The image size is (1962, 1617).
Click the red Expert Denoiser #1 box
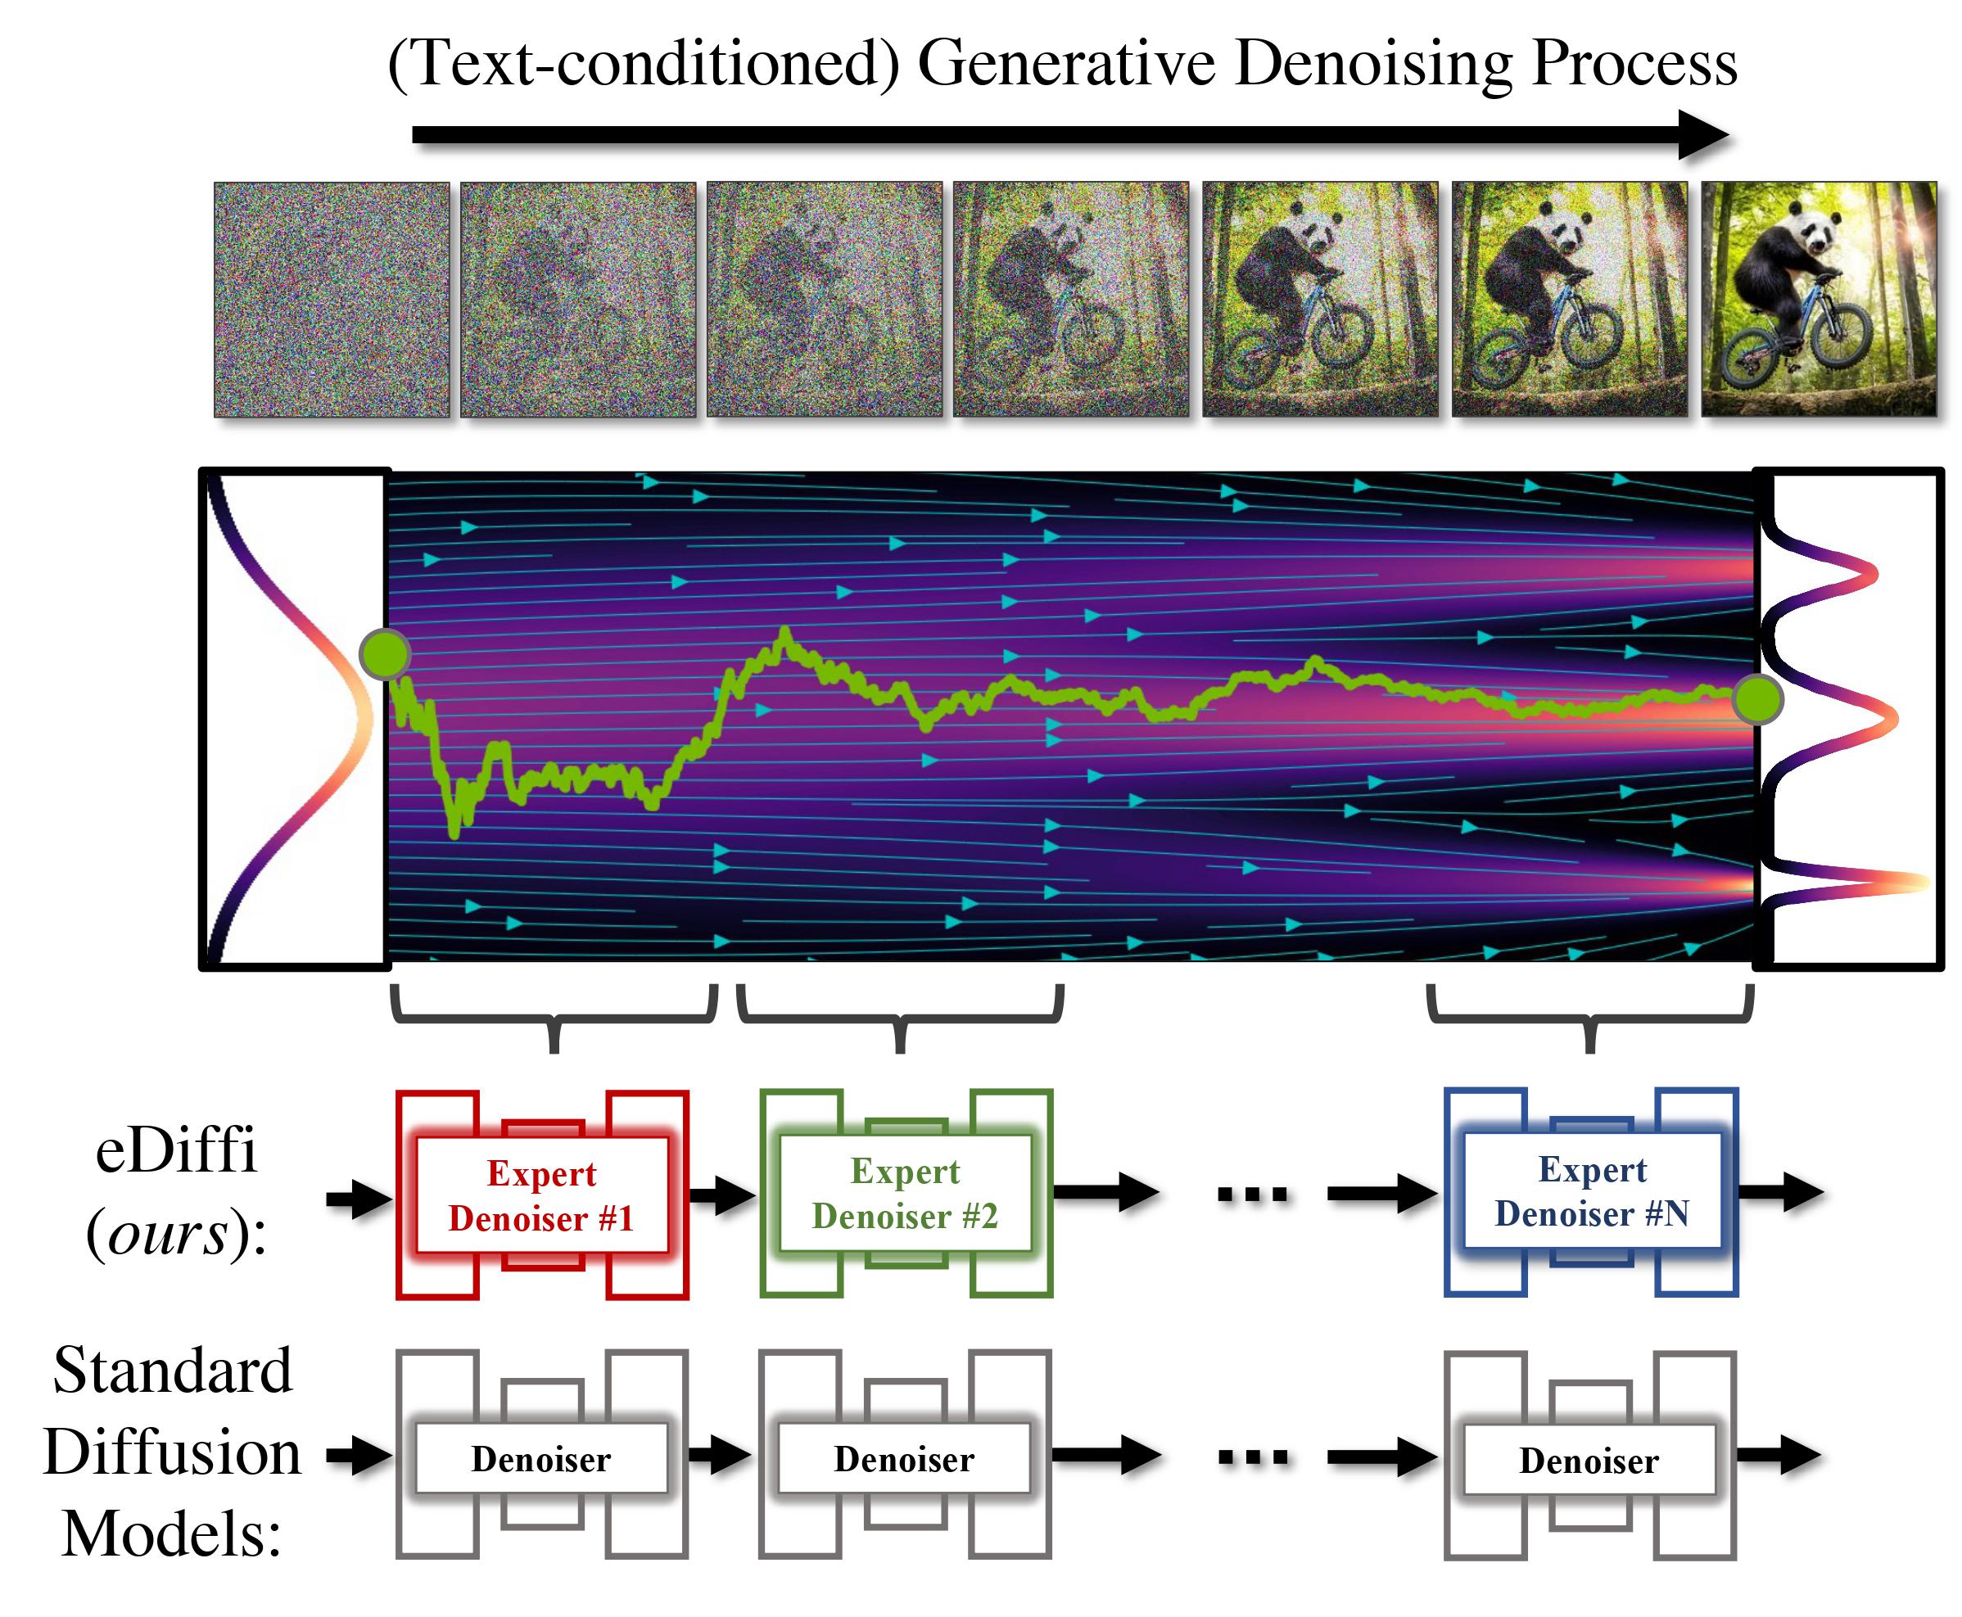tap(541, 1195)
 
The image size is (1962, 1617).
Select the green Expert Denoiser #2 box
tap(905, 1193)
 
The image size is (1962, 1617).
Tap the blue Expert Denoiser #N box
tap(1591, 1191)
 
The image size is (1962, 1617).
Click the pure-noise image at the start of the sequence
tap(331, 299)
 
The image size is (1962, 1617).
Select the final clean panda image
tap(1819, 299)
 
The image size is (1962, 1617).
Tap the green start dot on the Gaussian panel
tap(384, 653)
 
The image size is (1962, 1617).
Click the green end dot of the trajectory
tap(1757, 699)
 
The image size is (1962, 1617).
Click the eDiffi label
tap(175, 1150)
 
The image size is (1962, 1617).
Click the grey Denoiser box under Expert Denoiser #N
tap(1589, 1461)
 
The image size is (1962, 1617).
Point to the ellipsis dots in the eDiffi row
tap(1252, 1193)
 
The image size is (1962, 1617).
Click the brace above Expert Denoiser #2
tap(900, 1017)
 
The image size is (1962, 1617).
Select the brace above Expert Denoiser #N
tap(1590, 1017)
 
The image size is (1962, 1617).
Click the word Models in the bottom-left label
tap(171, 1534)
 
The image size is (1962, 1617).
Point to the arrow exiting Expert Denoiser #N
tap(1780, 1192)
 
